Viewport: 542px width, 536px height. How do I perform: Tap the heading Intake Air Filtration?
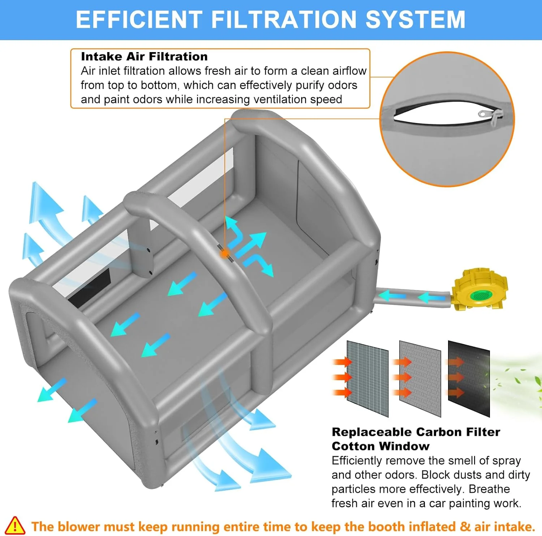(144, 56)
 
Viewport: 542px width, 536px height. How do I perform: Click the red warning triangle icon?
(15, 526)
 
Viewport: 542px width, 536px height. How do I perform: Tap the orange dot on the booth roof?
(225, 254)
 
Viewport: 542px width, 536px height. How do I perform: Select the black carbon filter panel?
(469, 378)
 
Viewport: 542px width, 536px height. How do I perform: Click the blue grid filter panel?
(367, 378)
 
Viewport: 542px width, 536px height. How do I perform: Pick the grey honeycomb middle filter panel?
(420, 378)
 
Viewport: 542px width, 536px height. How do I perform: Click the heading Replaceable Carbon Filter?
(416, 432)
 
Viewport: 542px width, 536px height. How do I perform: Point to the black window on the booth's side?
(89, 287)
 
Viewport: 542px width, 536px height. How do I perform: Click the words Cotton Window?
(380, 446)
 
